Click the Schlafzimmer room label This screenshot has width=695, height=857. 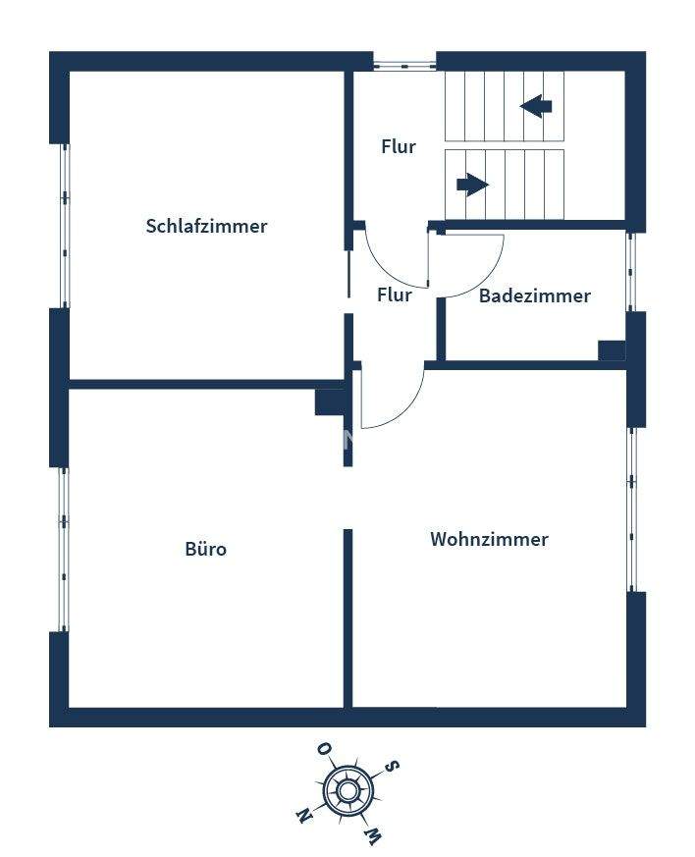click(206, 226)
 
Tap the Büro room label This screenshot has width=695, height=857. click(206, 549)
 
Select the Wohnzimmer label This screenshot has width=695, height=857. click(489, 539)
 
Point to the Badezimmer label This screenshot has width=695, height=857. click(534, 295)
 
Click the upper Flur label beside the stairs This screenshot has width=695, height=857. click(399, 147)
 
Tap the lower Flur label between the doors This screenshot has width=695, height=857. click(395, 295)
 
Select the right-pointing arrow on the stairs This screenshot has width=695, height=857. click(472, 184)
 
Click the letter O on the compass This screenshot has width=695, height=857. click(323, 750)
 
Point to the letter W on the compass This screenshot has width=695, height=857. click(372, 835)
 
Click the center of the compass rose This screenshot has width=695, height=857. click(347, 790)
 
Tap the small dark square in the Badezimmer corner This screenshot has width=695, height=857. click(612, 350)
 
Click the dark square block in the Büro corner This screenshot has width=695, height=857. click(328, 402)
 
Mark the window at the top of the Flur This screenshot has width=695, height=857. click(404, 66)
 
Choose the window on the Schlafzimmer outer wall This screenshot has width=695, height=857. click(65, 226)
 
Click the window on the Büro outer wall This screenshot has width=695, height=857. click(65, 549)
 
